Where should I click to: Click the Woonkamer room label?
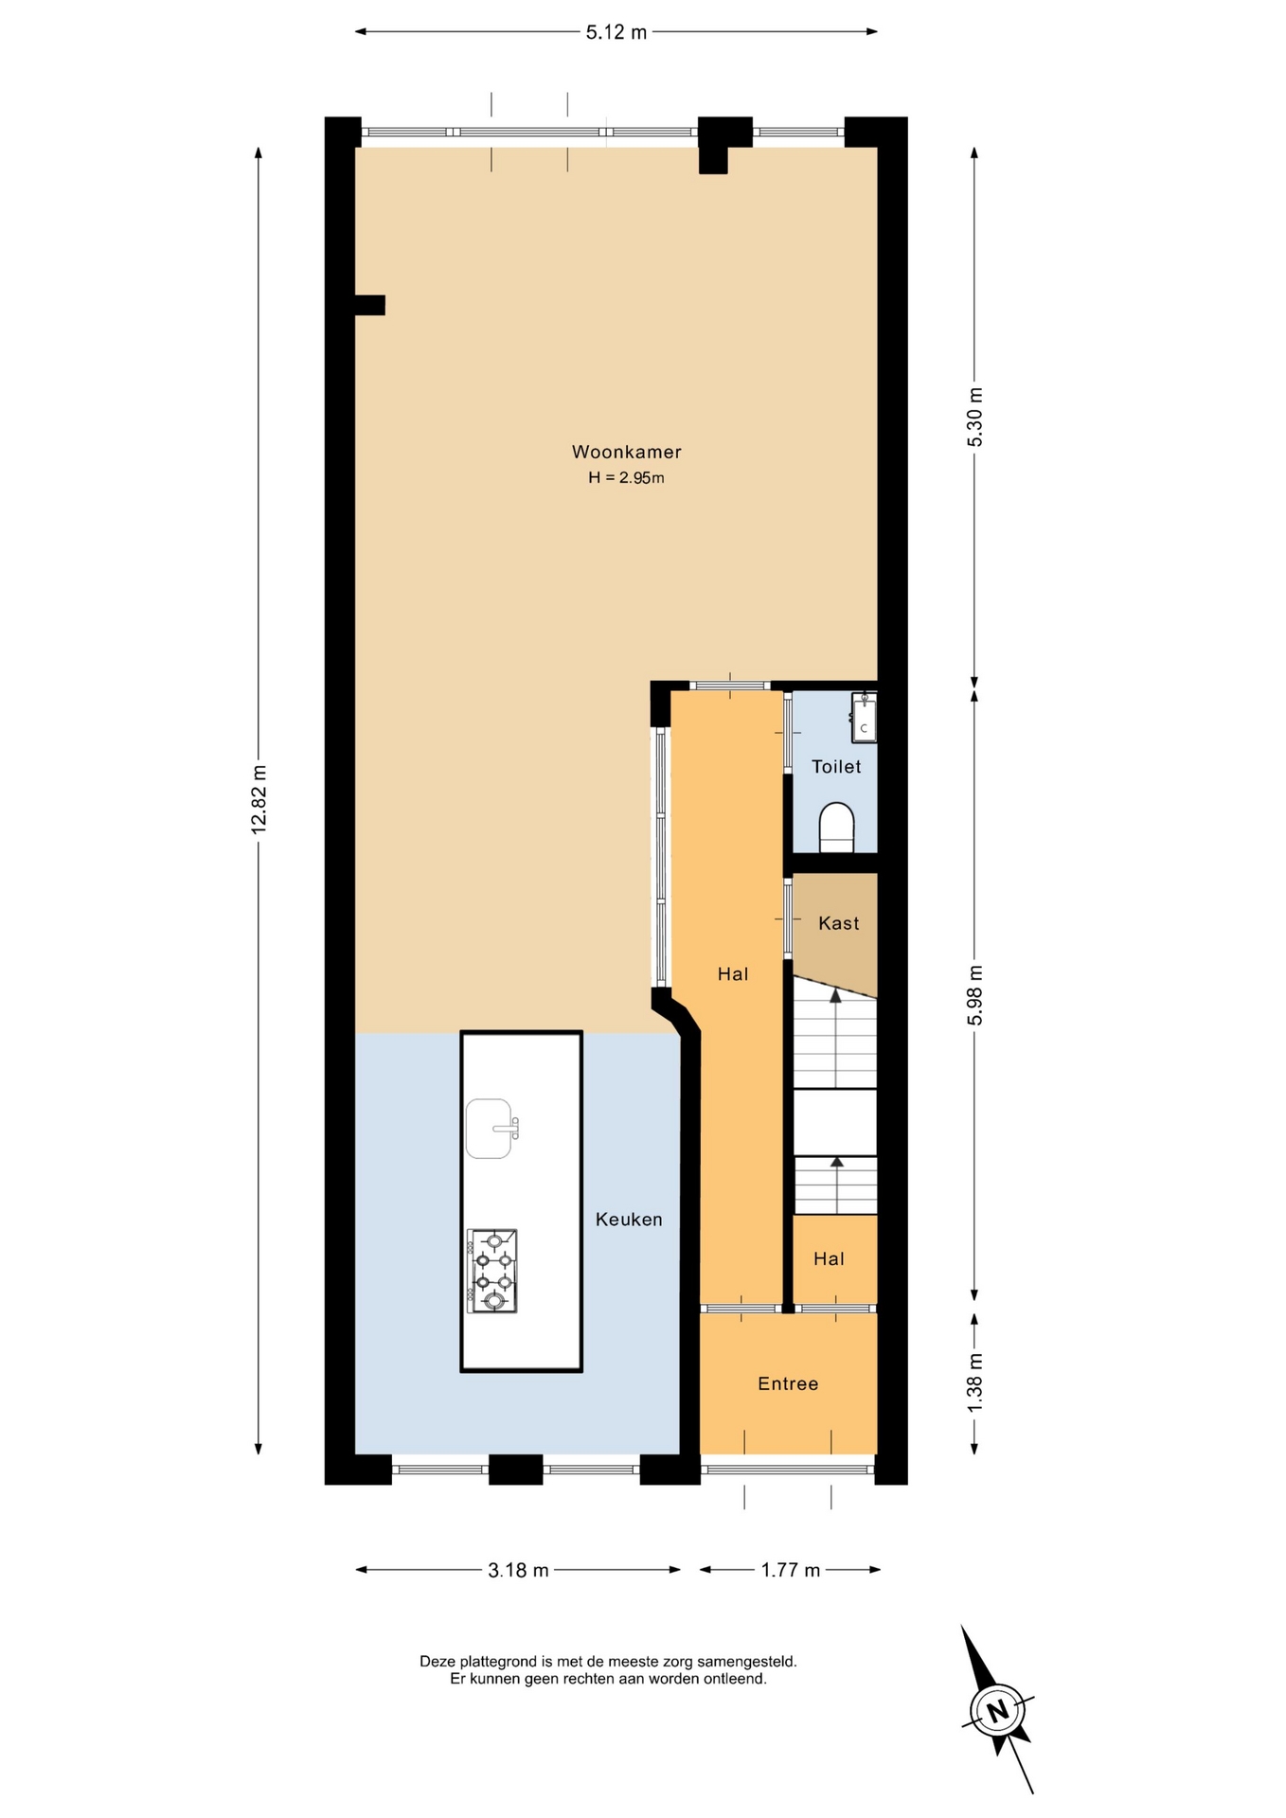(626, 453)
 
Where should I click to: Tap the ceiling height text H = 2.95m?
(626, 478)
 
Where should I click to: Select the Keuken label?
(629, 1220)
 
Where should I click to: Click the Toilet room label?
(836, 767)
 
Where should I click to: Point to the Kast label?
(839, 923)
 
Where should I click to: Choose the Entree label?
(788, 1384)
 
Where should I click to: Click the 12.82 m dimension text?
(259, 798)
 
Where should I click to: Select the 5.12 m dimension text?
(616, 32)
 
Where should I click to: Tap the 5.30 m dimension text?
(975, 418)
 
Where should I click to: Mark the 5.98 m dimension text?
(975, 994)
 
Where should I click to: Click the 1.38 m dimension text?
(975, 1382)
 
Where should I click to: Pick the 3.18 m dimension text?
(518, 1570)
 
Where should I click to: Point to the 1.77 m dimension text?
(791, 1570)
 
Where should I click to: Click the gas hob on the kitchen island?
(492, 1271)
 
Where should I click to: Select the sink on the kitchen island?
(491, 1129)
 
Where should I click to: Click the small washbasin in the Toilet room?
(864, 718)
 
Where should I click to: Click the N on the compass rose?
(996, 1711)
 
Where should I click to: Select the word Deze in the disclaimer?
(437, 1661)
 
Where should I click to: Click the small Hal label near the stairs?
(829, 1259)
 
